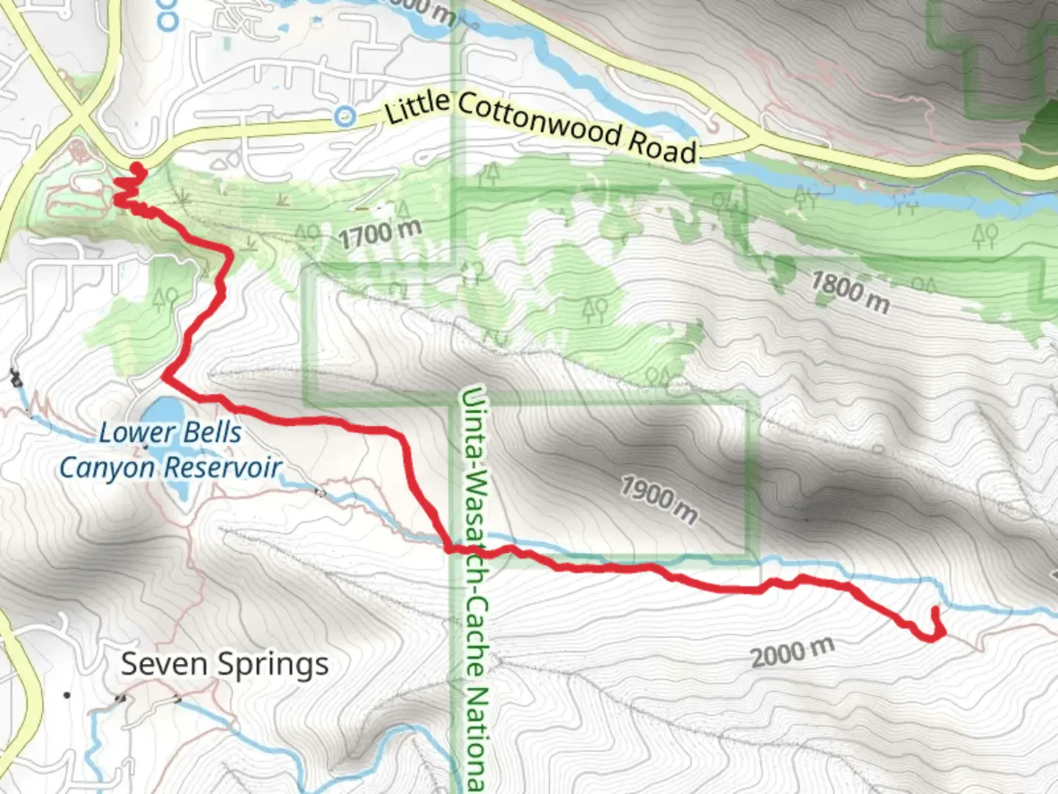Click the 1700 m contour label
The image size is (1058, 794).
pos(380,233)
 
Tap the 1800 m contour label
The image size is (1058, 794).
pos(850,291)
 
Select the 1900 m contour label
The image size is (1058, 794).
pos(659,500)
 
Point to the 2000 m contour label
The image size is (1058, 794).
pos(792,652)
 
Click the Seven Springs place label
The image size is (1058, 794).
pos(225,665)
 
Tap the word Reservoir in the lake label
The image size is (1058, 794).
pos(223,468)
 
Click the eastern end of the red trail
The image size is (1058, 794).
pos(935,609)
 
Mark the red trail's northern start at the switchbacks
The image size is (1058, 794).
pos(136,171)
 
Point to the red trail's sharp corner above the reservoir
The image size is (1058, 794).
pos(164,378)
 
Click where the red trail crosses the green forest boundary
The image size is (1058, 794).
pos(450,548)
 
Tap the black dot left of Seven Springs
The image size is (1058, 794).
pos(67,695)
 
